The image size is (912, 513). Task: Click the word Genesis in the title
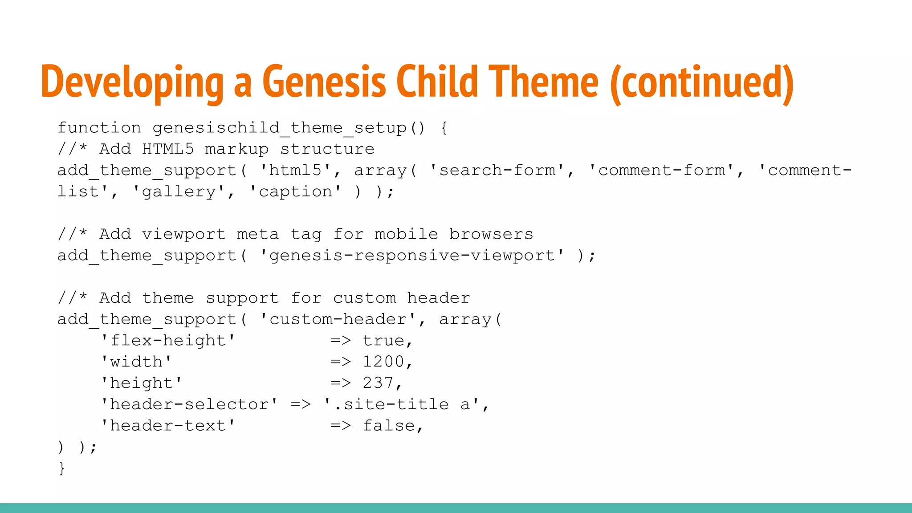tap(324, 82)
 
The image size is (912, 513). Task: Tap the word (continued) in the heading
tap(702, 83)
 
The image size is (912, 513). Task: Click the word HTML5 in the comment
tap(168, 149)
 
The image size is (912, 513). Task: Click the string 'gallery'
tap(179, 191)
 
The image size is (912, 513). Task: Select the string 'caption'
tap(296, 191)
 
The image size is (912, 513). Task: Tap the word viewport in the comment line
tap(183, 234)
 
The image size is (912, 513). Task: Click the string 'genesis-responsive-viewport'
tap(412, 256)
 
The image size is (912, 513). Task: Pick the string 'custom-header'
tap(338, 319)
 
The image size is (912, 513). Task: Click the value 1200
tap(383, 362)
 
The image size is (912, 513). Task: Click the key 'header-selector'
tap(189, 404)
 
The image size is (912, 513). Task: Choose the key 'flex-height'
tap(168, 341)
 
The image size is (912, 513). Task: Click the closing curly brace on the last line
tap(61, 468)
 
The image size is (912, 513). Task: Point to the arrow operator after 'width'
tap(341, 362)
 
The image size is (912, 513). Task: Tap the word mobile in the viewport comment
tap(406, 234)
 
